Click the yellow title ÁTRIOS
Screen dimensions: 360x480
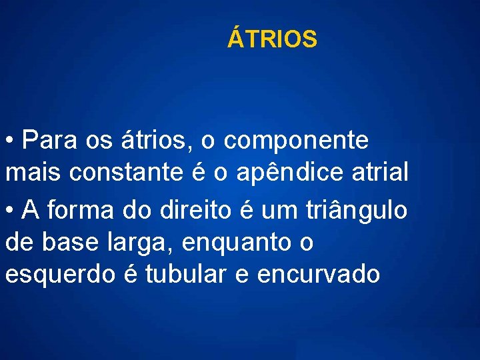(272, 39)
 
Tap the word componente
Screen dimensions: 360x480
(296, 141)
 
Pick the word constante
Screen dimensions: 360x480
(127, 173)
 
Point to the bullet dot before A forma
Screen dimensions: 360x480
(10, 210)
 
